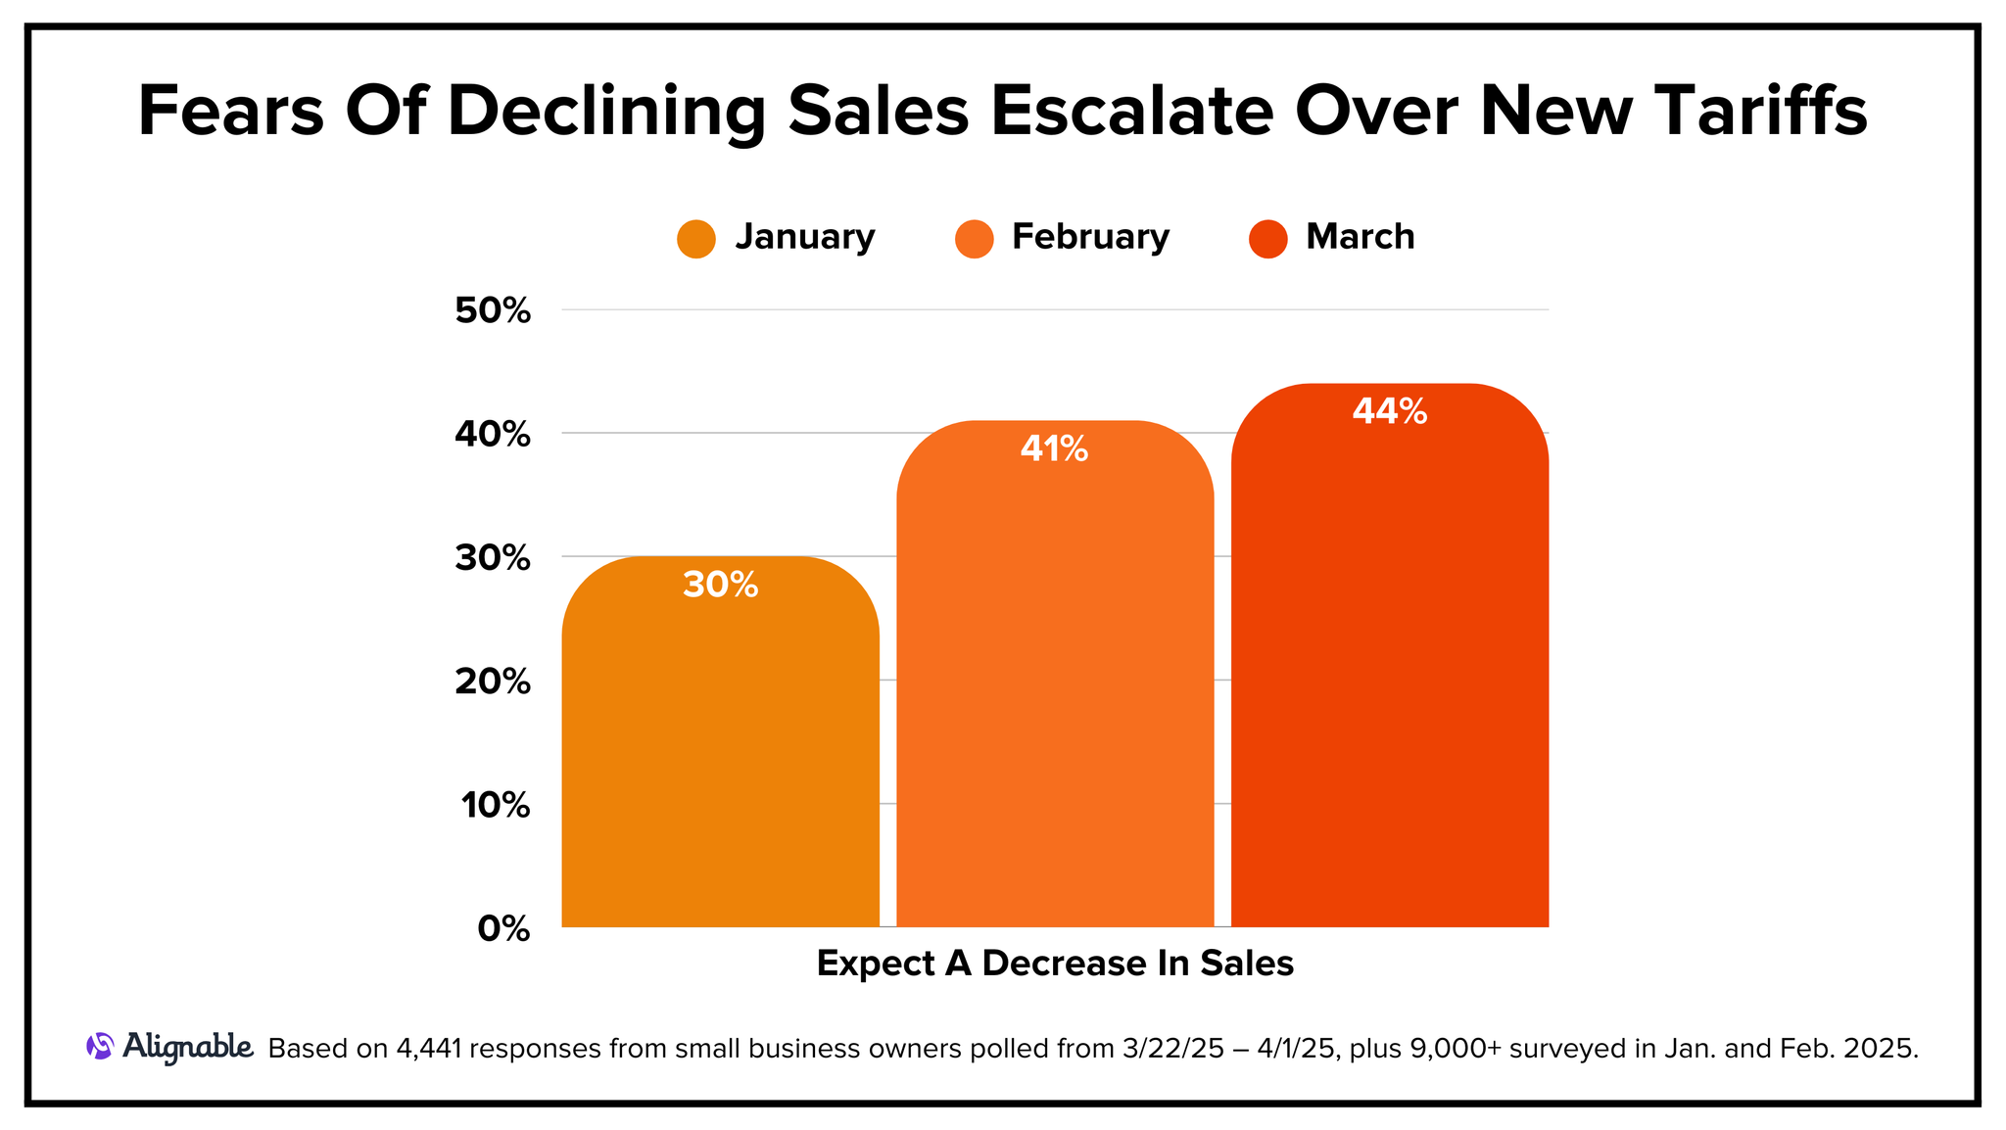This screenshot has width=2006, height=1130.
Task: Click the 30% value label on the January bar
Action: pos(720,586)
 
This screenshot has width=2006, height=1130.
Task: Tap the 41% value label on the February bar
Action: pos(1054,449)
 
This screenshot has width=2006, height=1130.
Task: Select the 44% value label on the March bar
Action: pos(1389,411)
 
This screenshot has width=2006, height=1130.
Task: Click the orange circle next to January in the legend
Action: pos(696,239)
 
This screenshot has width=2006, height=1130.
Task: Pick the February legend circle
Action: pos(974,239)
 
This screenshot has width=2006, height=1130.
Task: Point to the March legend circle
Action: pos(1267,239)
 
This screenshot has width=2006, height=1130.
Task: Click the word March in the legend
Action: pos(1360,237)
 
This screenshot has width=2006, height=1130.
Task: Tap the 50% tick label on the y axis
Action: pos(493,311)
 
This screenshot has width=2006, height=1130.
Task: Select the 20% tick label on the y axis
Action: pos(493,682)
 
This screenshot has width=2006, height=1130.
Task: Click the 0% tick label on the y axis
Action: pos(503,929)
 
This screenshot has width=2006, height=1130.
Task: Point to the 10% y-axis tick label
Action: pos(496,806)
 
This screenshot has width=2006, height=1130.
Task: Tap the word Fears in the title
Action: pos(230,111)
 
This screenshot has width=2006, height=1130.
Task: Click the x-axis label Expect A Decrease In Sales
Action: pos(1055,964)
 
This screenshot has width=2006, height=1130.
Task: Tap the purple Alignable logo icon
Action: pos(100,1047)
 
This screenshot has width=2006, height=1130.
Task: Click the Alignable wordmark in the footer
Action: pos(188,1047)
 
